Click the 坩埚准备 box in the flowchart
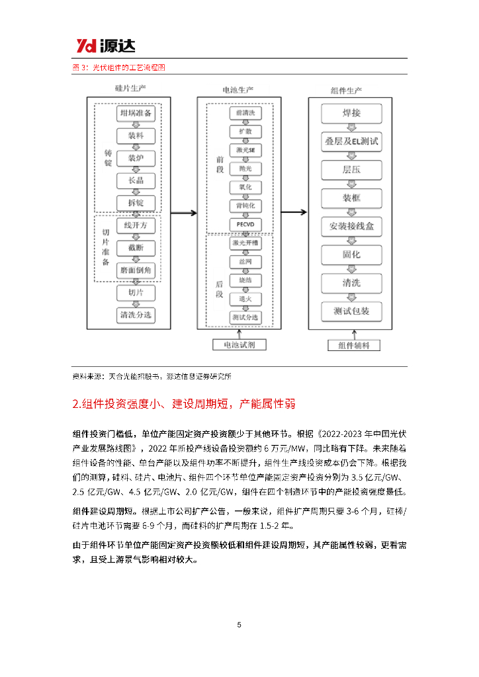coord(136,114)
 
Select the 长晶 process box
coord(136,180)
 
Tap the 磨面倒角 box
coord(136,270)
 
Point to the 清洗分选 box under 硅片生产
coord(136,315)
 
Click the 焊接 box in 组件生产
coord(351,114)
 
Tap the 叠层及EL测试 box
coord(351,141)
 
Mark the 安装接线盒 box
coord(351,227)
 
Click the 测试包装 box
coord(351,311)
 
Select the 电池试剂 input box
coord(239,344)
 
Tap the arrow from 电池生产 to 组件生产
coord(294,213)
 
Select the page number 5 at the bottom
coord(239,625)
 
